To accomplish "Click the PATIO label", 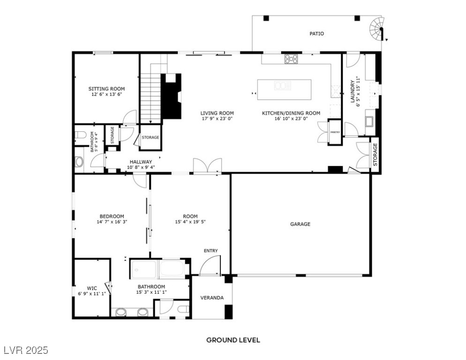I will click(x=316, y=34).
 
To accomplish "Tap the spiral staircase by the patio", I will click(x=377, y=29).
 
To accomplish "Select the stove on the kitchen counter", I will click(x=291, y=59).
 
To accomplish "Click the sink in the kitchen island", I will click(x=283, y=85).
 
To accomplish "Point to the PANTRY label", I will click(x=335, y=132).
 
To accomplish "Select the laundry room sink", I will click(x=369, y=122).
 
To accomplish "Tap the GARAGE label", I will click(x=300, y=224).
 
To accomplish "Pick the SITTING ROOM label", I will click(x=107, y=89).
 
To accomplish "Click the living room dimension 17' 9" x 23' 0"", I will click(x=217, y=119).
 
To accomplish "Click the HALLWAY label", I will click(x=141, y=162).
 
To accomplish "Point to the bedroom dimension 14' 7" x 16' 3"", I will click(x=112, y=222).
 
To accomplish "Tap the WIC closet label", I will click(x=91, y=288).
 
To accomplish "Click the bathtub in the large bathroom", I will click(x=173, y=270).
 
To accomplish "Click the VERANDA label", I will click(x=212, y=298).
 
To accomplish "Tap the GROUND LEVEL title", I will click(x=233, y=340).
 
